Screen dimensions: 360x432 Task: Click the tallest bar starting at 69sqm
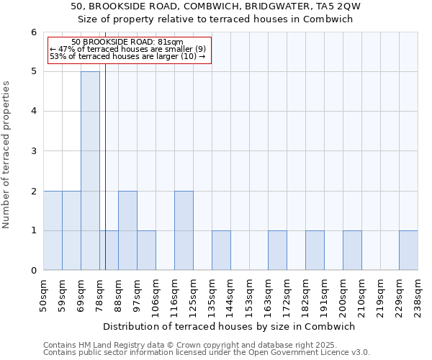click(90, 171)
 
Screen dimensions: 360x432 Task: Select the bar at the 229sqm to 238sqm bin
click(408, 251)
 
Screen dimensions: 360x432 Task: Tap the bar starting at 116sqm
click(184, 230)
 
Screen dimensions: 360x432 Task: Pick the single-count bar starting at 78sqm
click(109, 251)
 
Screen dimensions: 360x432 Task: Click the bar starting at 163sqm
click(277, 251)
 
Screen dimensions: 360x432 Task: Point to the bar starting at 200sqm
click(352, 251)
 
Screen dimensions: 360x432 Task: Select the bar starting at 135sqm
click(221, 251)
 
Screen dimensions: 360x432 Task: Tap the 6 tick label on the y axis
click(33, 32)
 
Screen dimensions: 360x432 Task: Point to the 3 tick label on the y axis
click(33, 151)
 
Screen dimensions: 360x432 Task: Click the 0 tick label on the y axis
click(33, 271)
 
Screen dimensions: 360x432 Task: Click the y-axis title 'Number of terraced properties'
click(7, 155)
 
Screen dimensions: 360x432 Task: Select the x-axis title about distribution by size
click(230, 326)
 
